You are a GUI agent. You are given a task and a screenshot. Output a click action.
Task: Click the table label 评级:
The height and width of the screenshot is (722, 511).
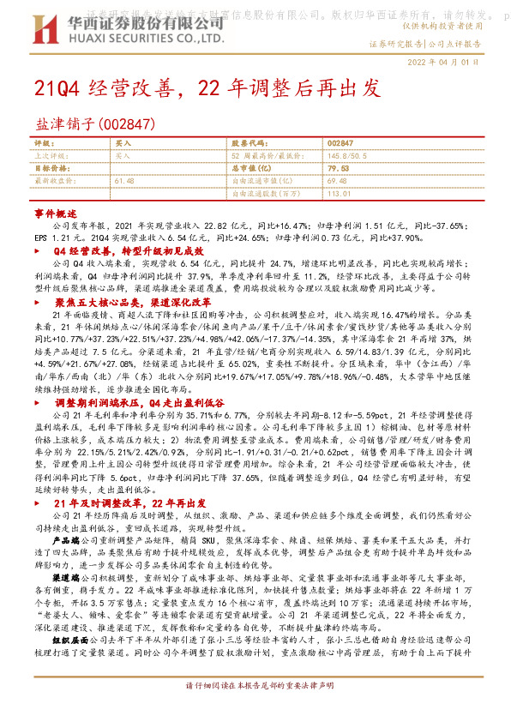coord(45,143)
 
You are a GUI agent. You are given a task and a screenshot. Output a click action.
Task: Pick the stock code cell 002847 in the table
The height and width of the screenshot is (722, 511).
coord(340,143)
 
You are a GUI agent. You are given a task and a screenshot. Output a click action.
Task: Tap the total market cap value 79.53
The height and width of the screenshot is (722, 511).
coord(337,169)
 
